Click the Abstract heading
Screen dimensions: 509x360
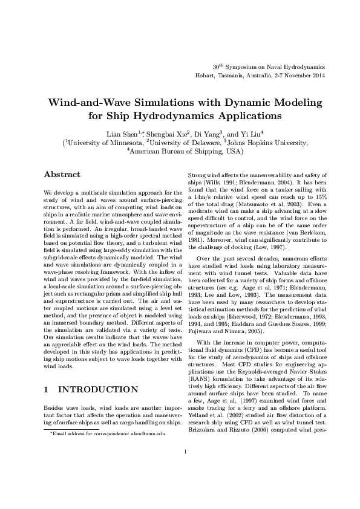tap(62, 174)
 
